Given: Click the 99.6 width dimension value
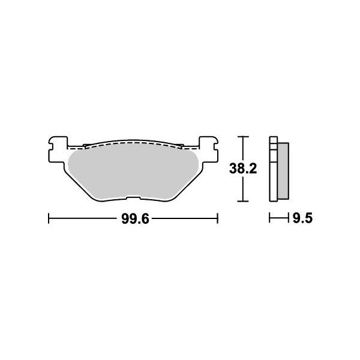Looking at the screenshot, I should [x=134, y=220].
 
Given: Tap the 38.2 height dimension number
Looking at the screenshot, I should [x=242, y=169].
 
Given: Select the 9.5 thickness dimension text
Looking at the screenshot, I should [x=302, y=220].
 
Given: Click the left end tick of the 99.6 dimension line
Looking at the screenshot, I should [x=48, y=220].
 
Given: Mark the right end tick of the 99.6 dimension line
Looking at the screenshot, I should [x=217, y=220].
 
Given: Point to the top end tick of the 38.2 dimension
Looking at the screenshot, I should [x=241, y=137].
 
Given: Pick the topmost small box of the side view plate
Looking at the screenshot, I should [x=274, y=142].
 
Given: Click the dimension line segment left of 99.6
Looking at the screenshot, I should [x=84, y=220].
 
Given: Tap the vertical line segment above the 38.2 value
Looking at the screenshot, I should [x=241, y=150].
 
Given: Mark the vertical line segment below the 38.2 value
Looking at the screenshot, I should [x=241, y=189].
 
